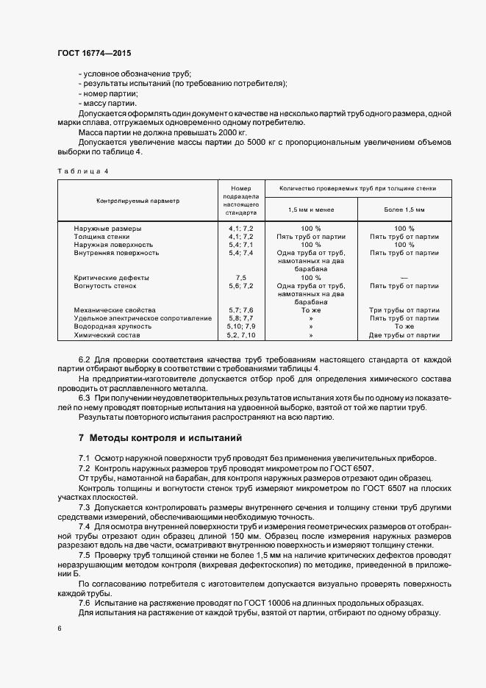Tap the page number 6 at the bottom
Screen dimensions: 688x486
(x=60, y=629)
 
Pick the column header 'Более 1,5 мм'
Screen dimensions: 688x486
(x=404, y=209)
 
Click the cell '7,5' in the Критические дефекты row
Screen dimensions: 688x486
(x=240, y=278)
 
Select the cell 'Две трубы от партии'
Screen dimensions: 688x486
(x=404, y=334)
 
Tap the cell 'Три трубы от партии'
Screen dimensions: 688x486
(x=404, y=310)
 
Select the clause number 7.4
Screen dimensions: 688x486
(x=85, y=526)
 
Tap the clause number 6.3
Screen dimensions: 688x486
(x=85, y=398)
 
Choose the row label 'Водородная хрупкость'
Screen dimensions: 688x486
(x=112, y=326)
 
